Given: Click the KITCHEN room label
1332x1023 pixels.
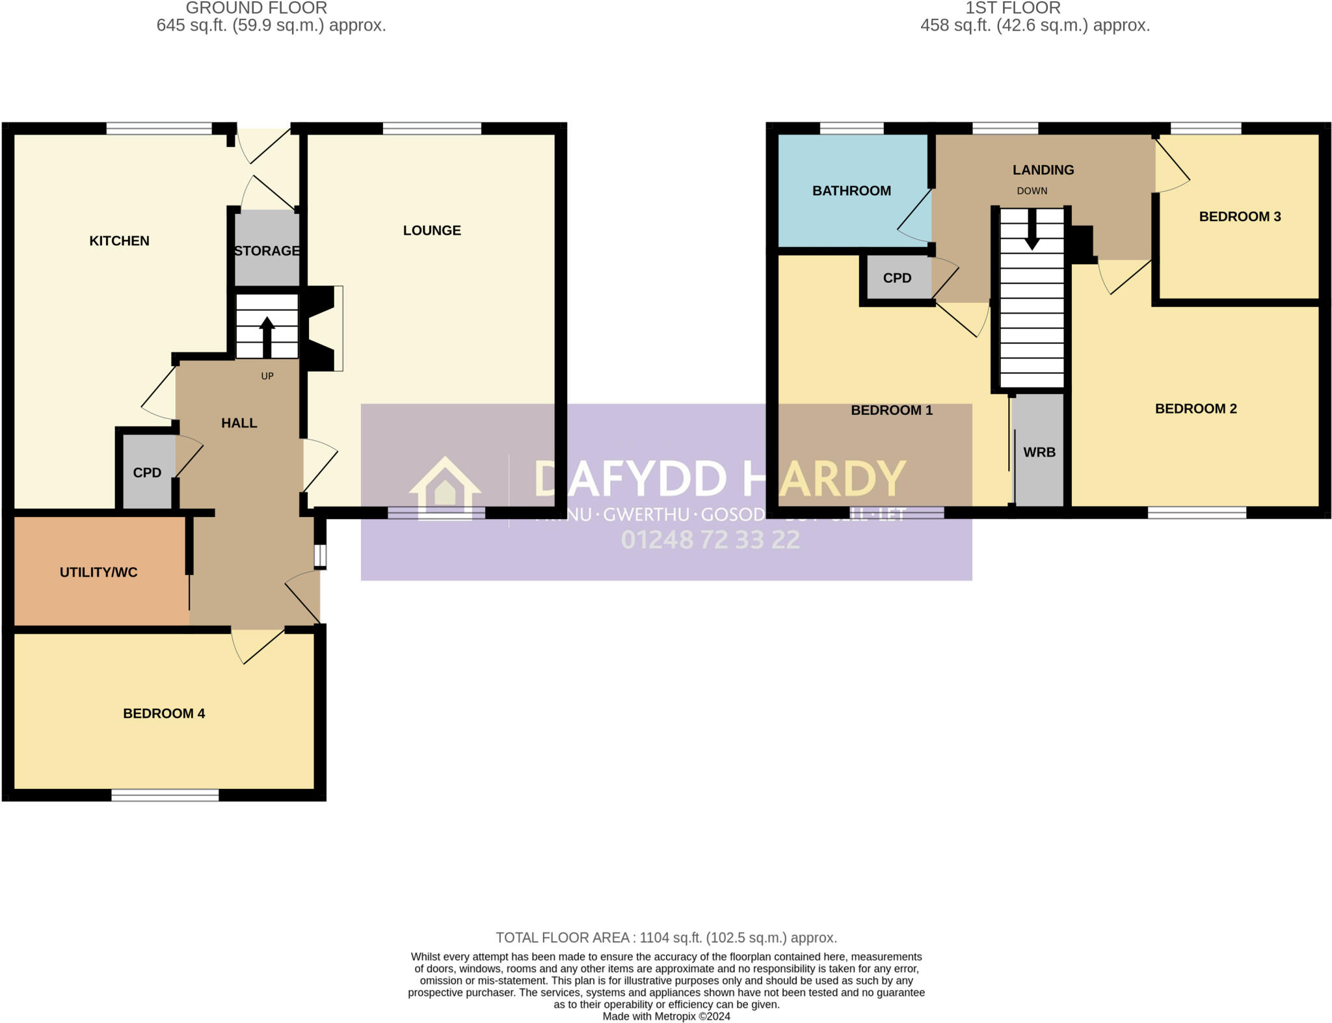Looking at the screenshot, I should (x=119, y=241).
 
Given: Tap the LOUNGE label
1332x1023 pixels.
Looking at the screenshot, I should (x=432, y=230).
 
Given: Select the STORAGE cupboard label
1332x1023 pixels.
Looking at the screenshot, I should (x=267, y=250).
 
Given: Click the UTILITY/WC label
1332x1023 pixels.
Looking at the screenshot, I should (x=99, y=572).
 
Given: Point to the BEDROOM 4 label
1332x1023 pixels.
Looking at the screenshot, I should (x=164, y=713).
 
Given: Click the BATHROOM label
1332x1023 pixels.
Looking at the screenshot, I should (x=851, y=191).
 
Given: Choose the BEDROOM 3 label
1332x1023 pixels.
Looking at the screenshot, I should (x=1240, y=217).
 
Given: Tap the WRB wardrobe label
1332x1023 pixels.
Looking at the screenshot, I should (x=1039, y=452).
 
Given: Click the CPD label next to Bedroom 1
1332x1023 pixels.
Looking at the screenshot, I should (x=897, y=278).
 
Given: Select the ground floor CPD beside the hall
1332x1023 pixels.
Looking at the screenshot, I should (x=147, y=473).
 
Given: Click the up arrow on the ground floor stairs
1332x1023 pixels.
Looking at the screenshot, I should (x=267, y=335).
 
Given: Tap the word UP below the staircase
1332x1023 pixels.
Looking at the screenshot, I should (x=267, y=376).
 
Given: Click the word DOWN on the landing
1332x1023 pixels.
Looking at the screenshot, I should (x=1032, y=191).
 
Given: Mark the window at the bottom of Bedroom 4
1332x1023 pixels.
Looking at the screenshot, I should (x=165, y=795).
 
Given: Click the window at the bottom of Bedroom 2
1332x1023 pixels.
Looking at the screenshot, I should (x=1197, y=512).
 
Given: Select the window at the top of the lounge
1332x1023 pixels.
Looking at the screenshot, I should (x=432, y=129).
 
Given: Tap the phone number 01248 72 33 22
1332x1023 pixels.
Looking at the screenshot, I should (x=710, y=540).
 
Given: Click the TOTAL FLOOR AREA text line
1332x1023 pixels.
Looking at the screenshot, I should (x=666, y=938).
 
